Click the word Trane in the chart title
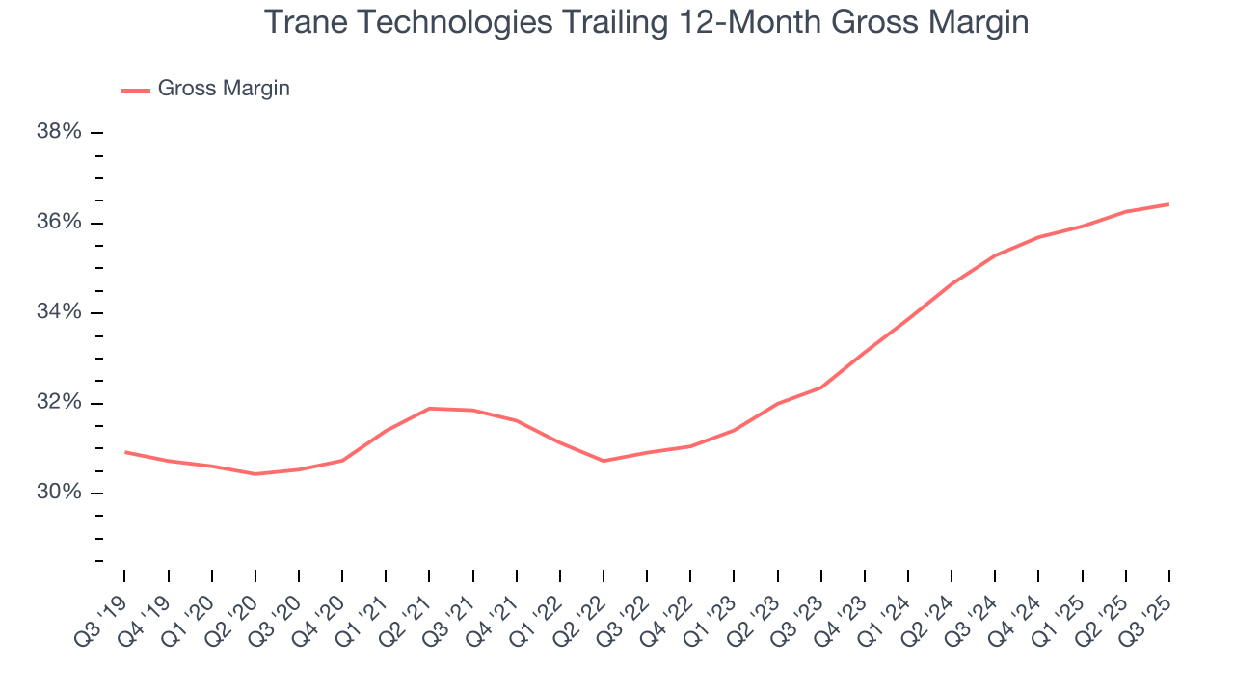tap(303, 22)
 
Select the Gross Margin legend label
tap(224, 89)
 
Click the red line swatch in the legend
tap(136, 90)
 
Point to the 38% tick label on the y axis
tap(59, 132)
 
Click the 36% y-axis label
tap(59, 223)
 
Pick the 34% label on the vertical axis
tap(59, 312)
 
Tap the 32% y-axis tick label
tap(59, 403)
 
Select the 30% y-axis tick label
tap(59, 493)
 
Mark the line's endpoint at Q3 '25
tap(1168, 204)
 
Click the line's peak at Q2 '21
tap(429, 409)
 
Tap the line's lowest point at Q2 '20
tap(255, 474)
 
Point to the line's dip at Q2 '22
tap(604, 461)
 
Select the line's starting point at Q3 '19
tap(125, 452)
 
